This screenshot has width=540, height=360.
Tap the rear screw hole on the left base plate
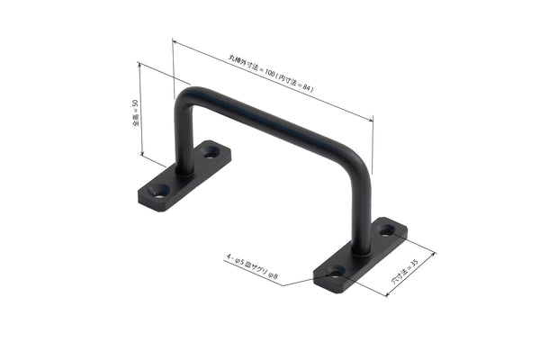coord(211,152)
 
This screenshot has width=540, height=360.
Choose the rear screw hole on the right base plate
coord(386,230)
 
